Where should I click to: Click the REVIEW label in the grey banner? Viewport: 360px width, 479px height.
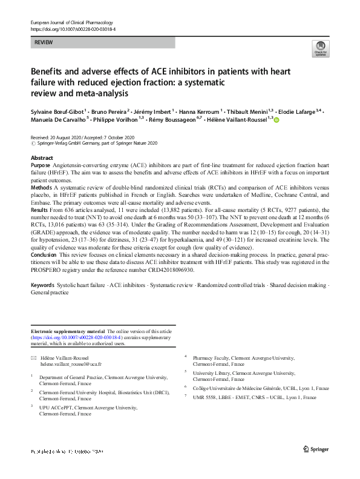[x=44, y=42]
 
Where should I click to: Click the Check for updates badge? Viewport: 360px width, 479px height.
[x=319, y=50]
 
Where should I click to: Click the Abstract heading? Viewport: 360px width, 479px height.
[x=40, y=156]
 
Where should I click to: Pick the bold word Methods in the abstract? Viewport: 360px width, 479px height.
[x=41, y=188]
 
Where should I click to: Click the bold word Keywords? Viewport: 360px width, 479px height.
[x=44, y=284]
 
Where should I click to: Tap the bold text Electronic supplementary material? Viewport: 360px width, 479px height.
[x=67, y=332]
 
